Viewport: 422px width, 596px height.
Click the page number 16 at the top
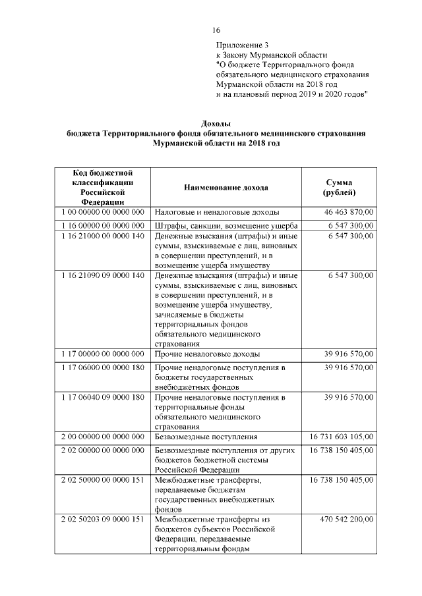coord(216,30)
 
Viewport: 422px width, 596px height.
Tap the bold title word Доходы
coord(216,123)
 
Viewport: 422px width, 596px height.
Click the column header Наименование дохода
coord(226,188)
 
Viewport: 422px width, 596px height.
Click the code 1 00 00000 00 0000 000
coord(103,212)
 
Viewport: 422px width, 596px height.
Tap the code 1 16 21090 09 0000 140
coord(103,275)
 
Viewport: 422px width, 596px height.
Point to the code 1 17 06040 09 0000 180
coord(103,398)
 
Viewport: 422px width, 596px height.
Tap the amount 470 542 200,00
coord(344,520)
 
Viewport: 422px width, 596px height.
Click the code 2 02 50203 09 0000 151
coord(103,520)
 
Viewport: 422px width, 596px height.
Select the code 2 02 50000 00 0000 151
coord(103,481)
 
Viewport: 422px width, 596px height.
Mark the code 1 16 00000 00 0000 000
coord(103,226)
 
